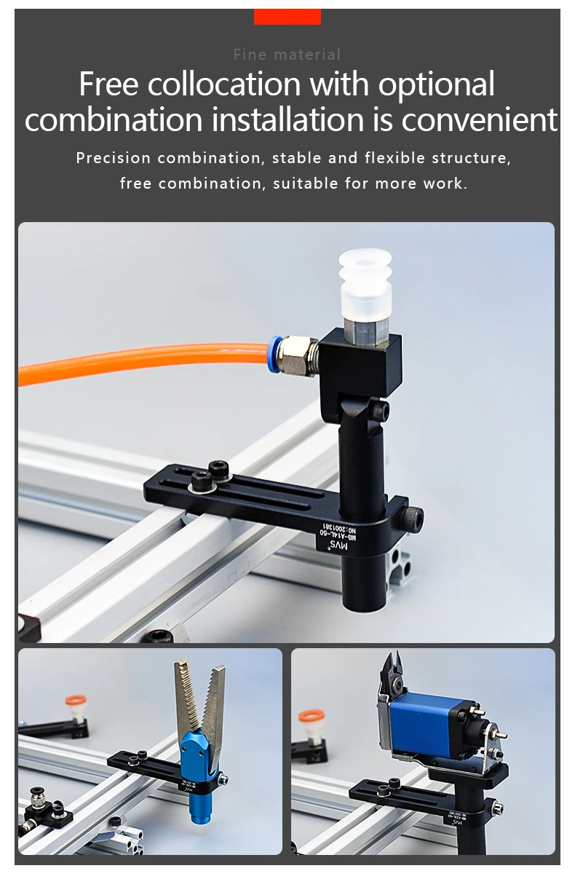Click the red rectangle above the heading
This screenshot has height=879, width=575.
pyautogui.click(x=287, y=16)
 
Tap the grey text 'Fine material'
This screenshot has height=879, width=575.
pyautogui.click(x=287, y=55)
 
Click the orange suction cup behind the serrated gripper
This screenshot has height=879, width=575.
pyautogui.click(x=75, y=701)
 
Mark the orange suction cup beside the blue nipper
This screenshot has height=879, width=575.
pyautogui.click(x=312, y=718)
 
